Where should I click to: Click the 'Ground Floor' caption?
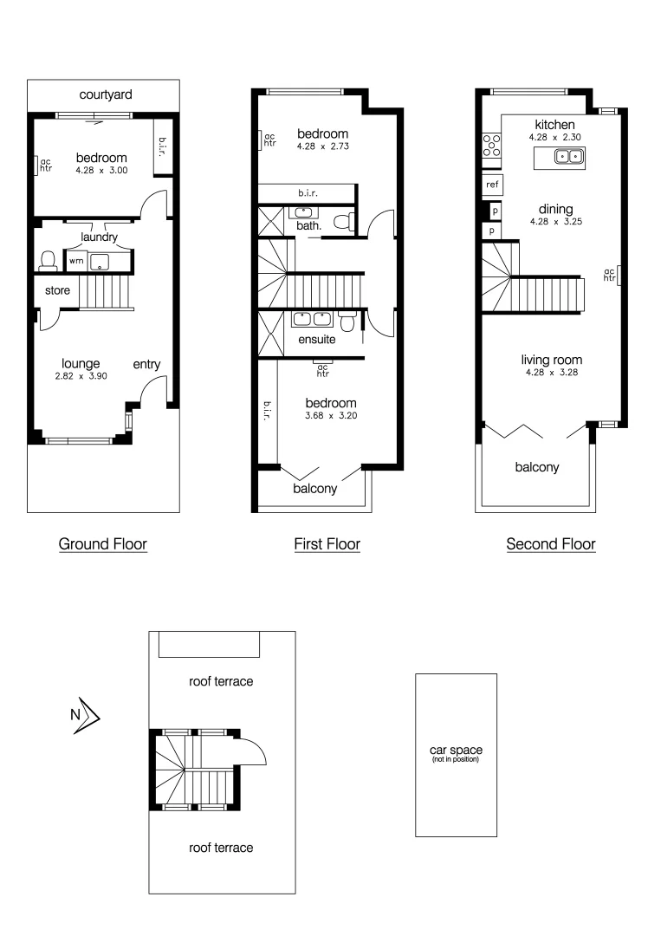102,544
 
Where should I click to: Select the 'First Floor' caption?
327,544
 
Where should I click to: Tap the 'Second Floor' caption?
551,544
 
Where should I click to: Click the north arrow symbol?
86,716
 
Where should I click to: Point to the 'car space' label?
456,751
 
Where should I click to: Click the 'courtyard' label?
106,94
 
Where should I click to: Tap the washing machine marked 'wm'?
76,260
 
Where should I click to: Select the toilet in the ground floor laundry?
49,260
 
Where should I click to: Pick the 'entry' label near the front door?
146,365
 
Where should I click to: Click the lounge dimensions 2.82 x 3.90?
81,378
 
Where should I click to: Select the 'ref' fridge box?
492,185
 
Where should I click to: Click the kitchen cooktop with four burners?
491,146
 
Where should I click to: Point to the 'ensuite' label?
317,340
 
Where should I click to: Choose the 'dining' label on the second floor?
555,209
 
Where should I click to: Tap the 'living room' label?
551,360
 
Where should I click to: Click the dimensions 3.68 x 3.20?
331,416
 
